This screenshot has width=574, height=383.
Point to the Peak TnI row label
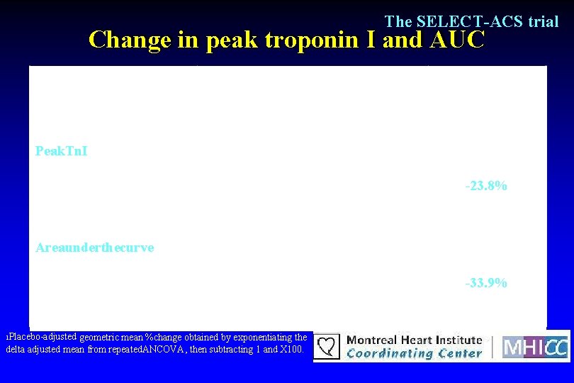coord(62,151)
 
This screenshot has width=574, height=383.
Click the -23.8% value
coord(485,187)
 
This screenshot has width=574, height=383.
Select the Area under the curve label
coord(95,248)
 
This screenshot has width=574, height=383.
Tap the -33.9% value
coord(485,283)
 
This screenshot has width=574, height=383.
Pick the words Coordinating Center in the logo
coord(414,353)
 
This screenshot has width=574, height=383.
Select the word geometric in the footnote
coord(101,338)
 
